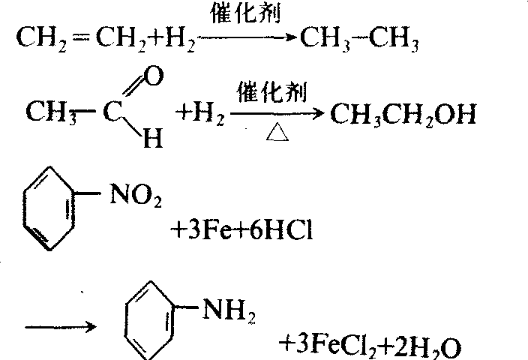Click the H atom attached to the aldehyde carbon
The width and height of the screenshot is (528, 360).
pyautogui.click(x=152, y=139)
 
